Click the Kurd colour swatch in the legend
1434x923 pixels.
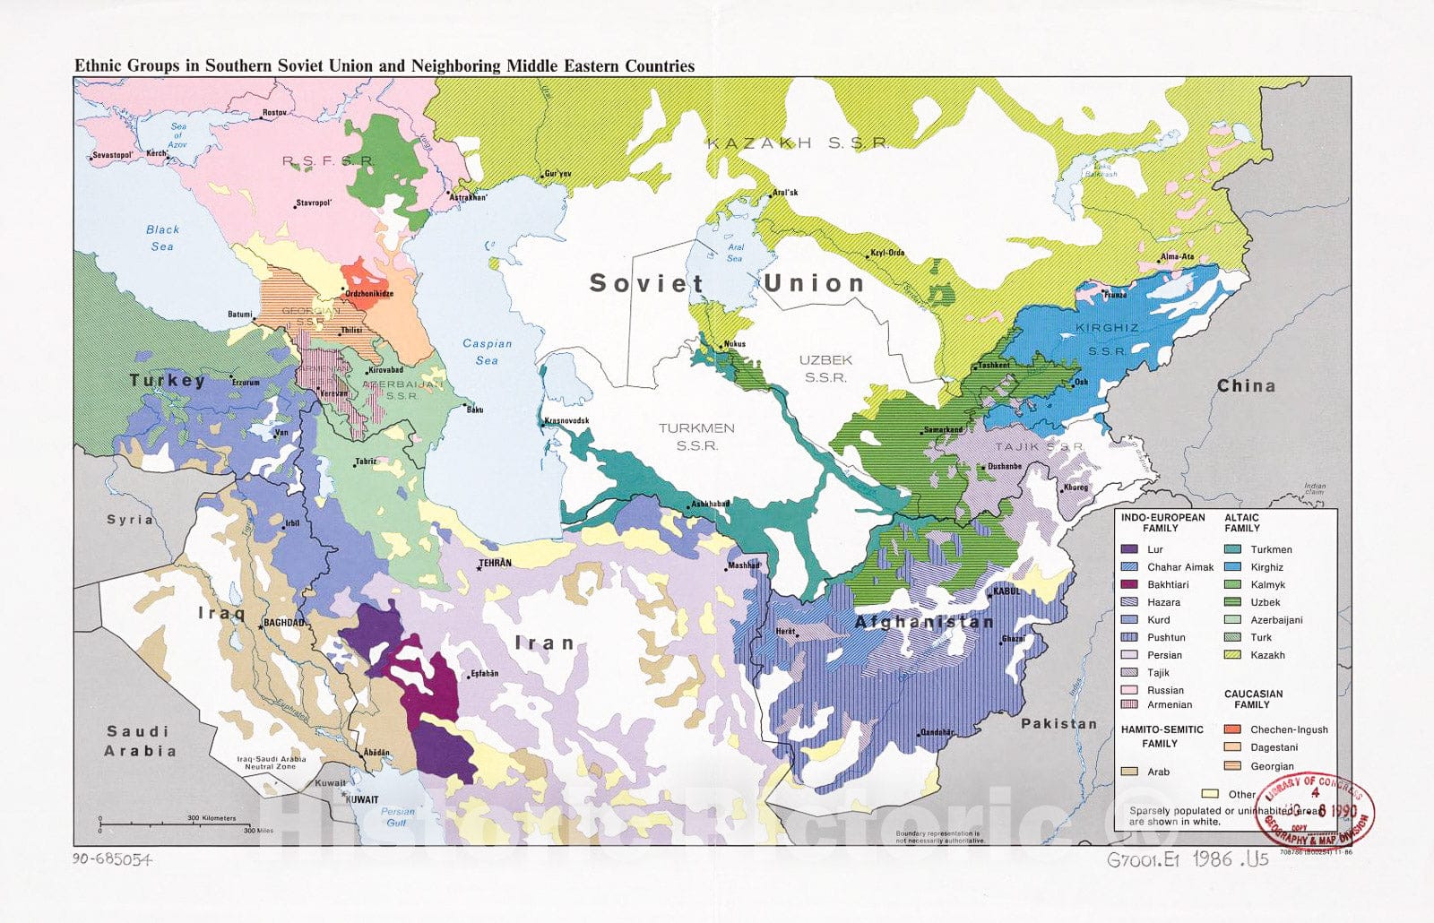click(1129, 620)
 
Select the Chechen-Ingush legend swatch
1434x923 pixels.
click(1232, 729)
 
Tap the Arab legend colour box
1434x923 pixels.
click(1129, 772)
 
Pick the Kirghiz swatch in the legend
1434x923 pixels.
click(1232, 567)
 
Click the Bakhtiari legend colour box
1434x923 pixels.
click(1129, 584)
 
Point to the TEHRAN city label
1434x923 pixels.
click(495, 563)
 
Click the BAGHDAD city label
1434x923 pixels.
click(284, 622)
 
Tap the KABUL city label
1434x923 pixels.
click(1006, 591)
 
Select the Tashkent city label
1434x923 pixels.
click(994, 366)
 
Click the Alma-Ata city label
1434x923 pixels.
click(1177, 256)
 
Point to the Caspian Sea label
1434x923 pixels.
click(487, 351)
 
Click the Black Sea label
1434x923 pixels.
click(162, 237)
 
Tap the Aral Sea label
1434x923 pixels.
click(735, 253)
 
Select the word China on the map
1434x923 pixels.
click(1246, 385)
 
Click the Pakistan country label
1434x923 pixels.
click(1058, 723)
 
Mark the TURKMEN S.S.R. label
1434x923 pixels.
click(696, 436)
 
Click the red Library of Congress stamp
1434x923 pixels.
click(1314, 810)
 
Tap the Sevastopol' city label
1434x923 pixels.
click(112, 155)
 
